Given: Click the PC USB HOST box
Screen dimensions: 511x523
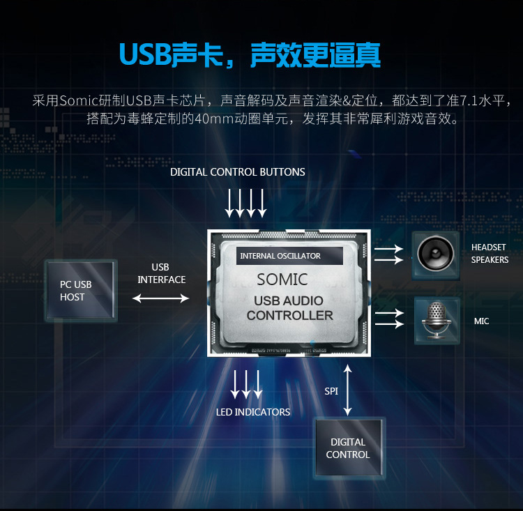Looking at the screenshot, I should tap(79, 291).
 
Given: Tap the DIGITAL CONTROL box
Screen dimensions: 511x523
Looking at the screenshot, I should tap(348, 448).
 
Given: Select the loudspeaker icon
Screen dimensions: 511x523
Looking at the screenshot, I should tap(435, 254).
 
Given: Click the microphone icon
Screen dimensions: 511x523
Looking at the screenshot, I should tap(437, 320).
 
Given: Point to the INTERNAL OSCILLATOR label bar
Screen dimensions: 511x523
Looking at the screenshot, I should tap(289, 256).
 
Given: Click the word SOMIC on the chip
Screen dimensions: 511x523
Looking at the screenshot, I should tap(282, 280).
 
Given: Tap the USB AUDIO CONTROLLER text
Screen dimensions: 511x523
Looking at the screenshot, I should tap(289, 308).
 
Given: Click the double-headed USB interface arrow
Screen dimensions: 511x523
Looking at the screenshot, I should tap(160, 298).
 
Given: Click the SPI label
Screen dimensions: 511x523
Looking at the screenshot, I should tap(331, 391).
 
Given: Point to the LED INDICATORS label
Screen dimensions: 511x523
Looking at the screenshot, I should tap(252, 412).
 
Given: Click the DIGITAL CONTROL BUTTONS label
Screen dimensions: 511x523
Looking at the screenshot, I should tap(238, 172).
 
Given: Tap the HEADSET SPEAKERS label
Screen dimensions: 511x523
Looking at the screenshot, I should tap(490, 254).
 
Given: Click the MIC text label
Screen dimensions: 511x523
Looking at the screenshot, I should tap(481, 321).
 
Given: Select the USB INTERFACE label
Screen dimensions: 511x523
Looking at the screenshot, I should tap(161, 273).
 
